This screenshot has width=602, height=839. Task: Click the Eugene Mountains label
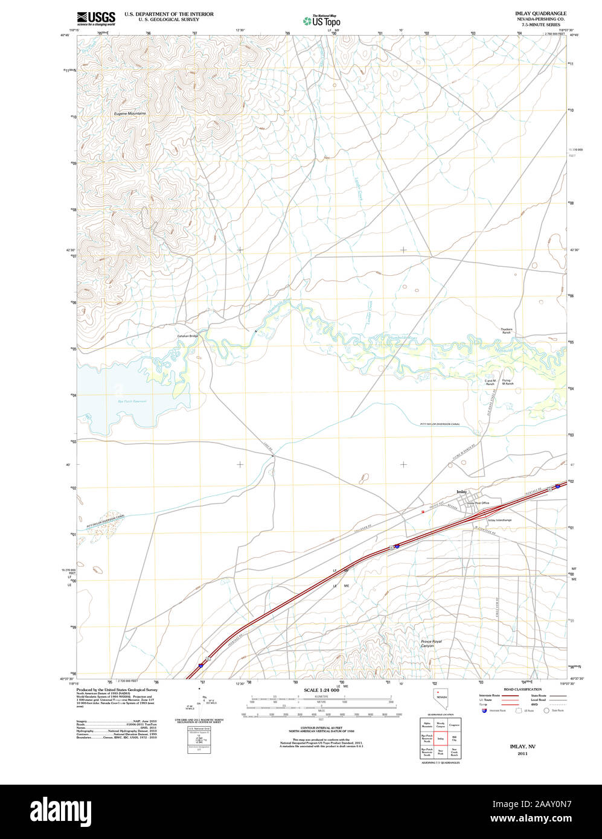click(130, 113)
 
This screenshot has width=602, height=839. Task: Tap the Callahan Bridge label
click(187, 336)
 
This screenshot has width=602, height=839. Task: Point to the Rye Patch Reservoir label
click(132, 401)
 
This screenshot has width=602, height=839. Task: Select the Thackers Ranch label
click(506, 331)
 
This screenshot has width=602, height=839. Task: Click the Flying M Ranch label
click(507, 383)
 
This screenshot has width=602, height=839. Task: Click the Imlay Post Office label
click(478, 503)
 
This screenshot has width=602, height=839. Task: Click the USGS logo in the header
click(96, 18)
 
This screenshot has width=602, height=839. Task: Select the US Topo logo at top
click(322, 21)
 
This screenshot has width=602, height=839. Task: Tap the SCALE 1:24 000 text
click(321, 690)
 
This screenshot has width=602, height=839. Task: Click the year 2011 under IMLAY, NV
click(522, 753)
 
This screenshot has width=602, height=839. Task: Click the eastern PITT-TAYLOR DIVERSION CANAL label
click(440, 424)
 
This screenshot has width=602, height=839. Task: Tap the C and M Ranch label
click(490, 383)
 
